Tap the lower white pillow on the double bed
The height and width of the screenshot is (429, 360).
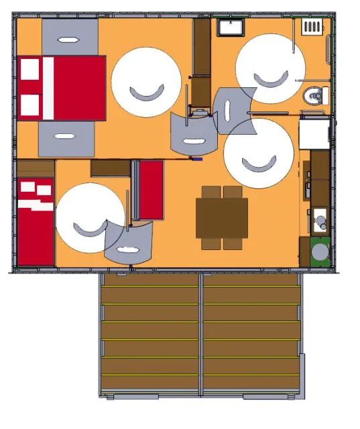click(x=29, y=105)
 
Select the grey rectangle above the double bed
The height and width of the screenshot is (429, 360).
click(x=70, y=38)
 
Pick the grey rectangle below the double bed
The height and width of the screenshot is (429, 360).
click(x=66, y=139)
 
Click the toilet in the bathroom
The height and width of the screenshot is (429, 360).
click(x=313, y=97)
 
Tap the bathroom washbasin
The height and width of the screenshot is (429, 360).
click(x=231, y=27)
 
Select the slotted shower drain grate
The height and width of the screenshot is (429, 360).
click(x=312, y=27)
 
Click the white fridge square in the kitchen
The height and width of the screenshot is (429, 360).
click(x=314, y=133)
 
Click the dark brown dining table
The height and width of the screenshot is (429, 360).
click(x=222, y=218)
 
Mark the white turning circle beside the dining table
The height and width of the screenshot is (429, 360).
click(x=258, y=154)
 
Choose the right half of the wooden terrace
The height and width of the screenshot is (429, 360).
click(x=251, y=334)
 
